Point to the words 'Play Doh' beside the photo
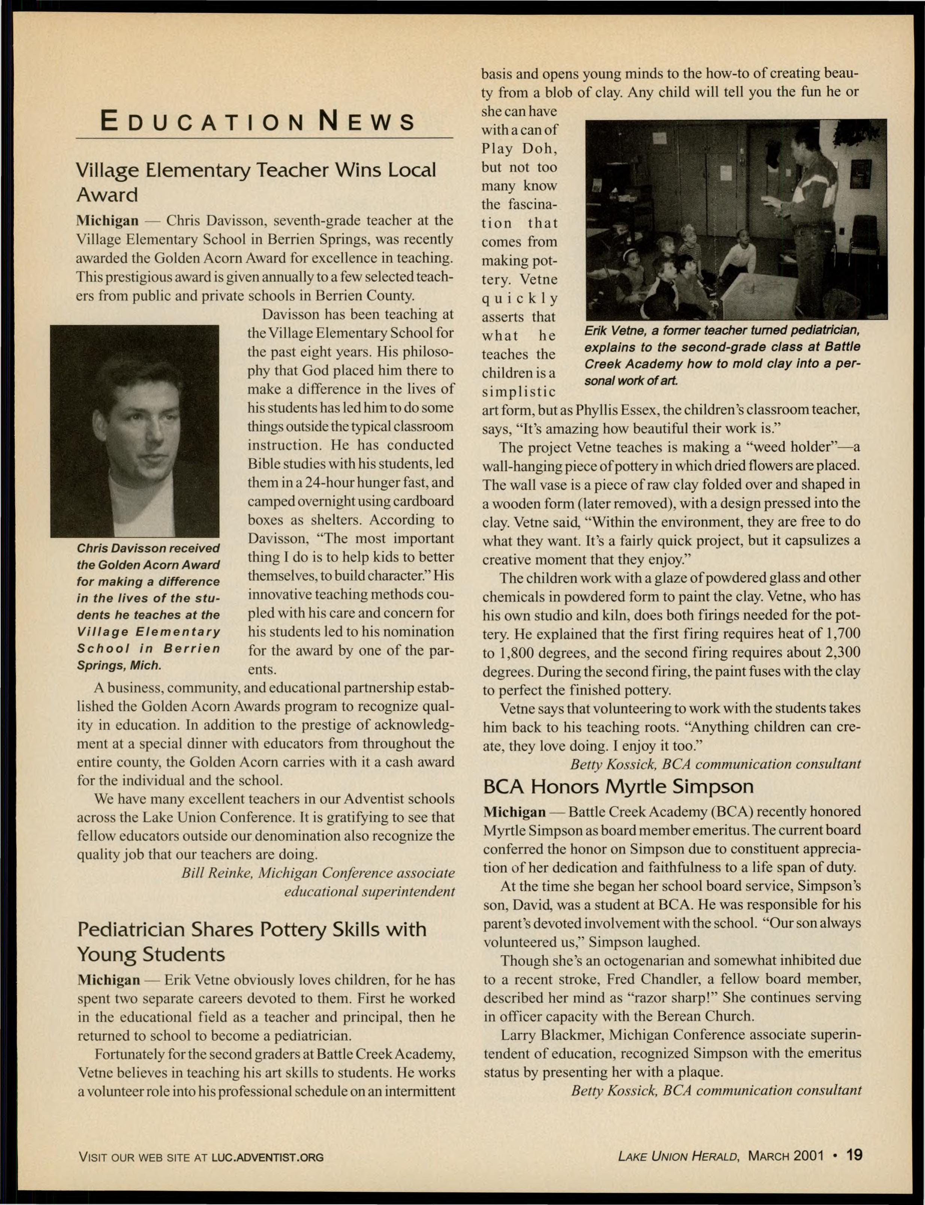(520, 149)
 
